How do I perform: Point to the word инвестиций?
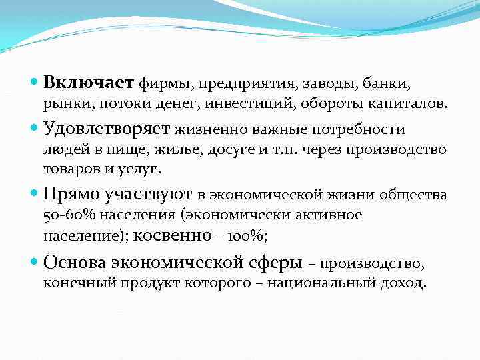(x=261, y=105)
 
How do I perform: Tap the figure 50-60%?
(x=65, y=215)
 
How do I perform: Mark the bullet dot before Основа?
(x=34, y=263)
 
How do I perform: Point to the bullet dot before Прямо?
(x=34, y=195)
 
